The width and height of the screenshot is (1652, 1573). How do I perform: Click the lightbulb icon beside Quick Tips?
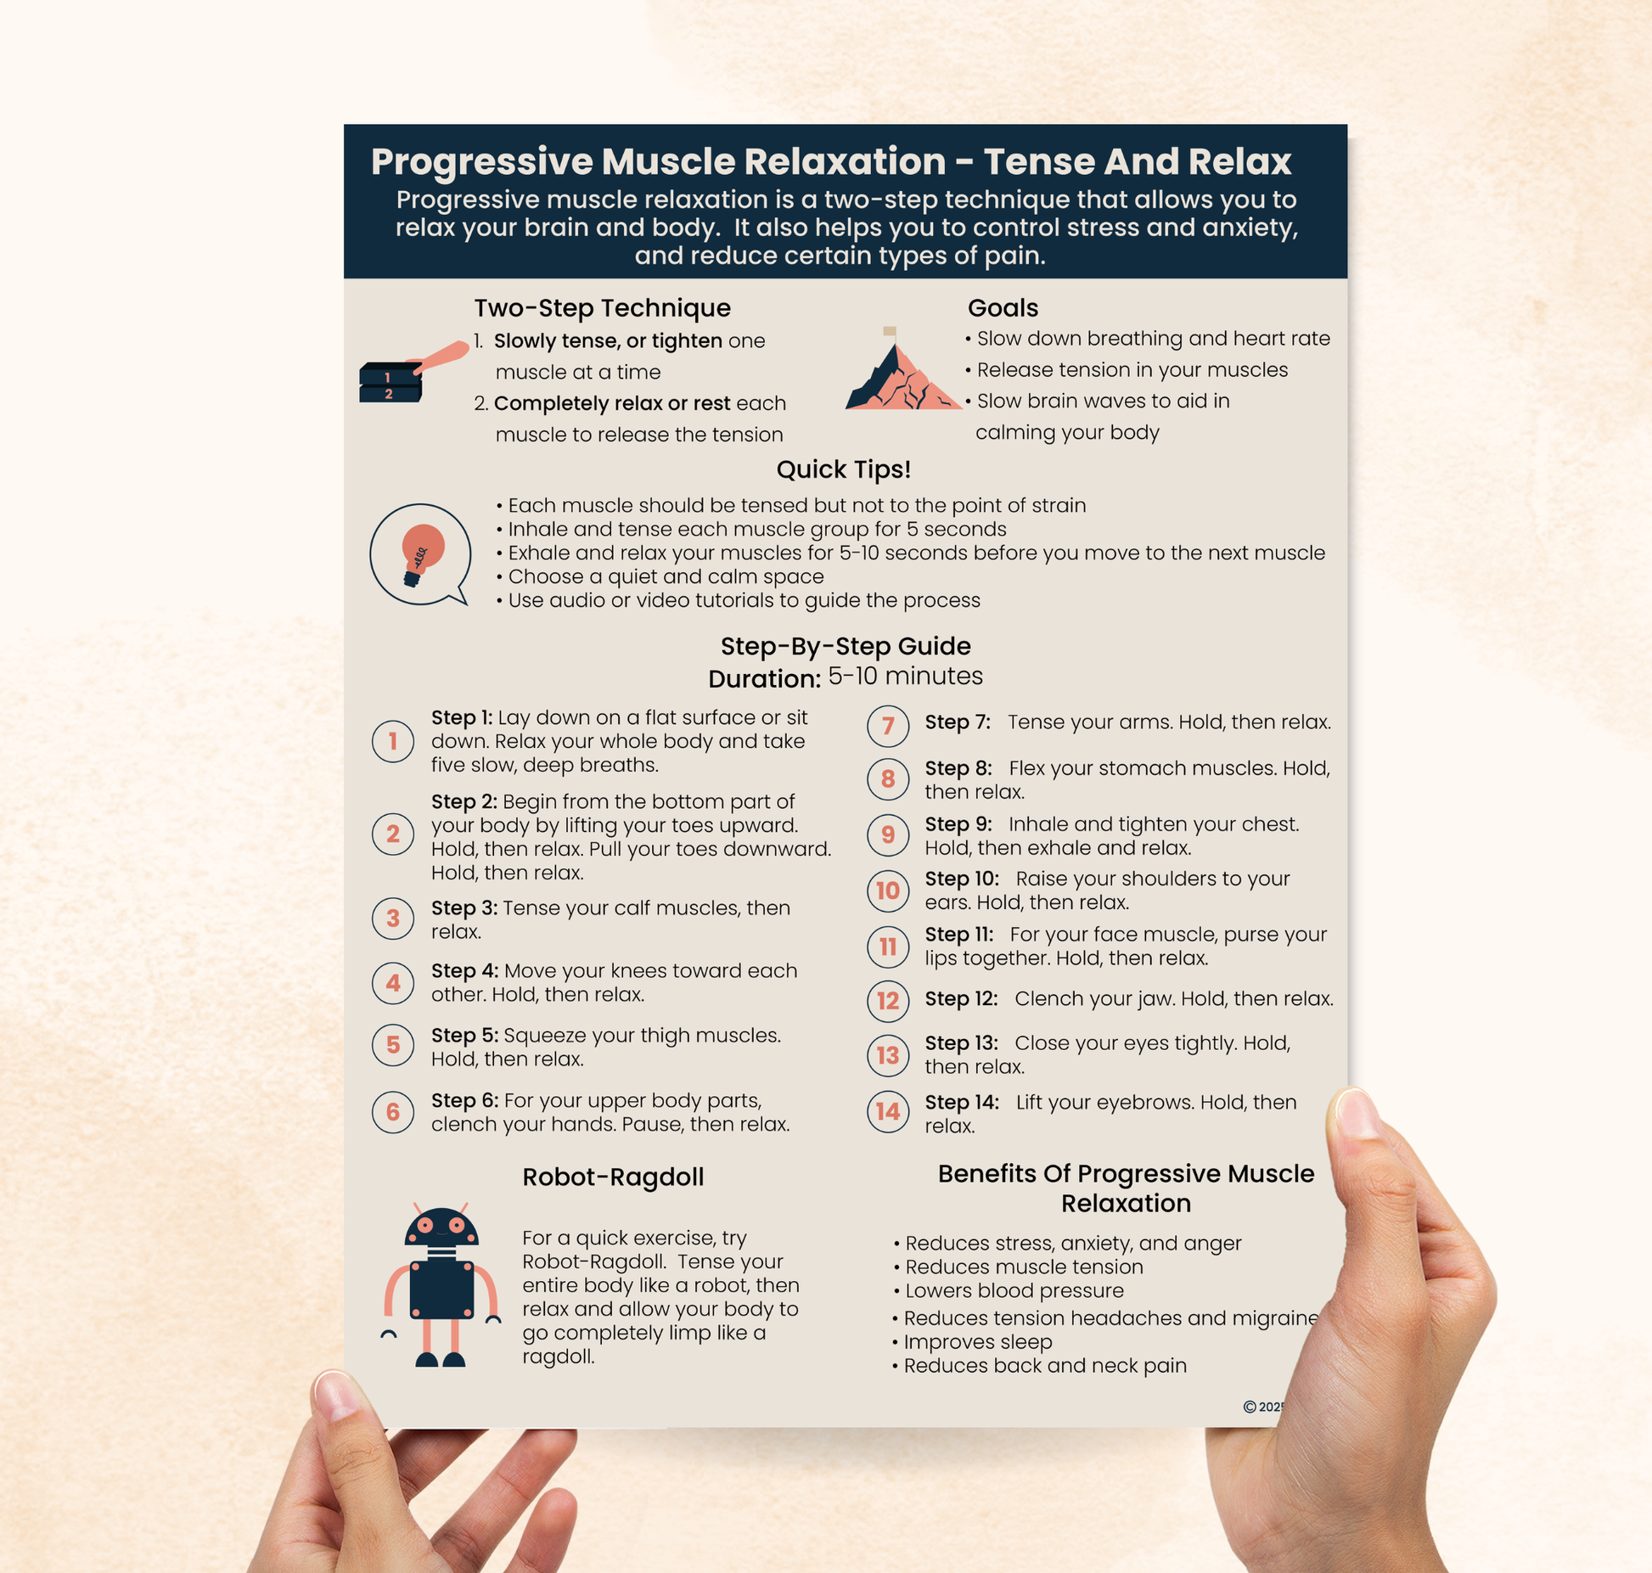420,553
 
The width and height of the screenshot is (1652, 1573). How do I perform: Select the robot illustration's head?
441,1228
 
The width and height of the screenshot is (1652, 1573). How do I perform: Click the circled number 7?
888,726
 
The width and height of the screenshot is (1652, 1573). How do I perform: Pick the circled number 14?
888,1111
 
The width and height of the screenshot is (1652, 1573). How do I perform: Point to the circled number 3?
393,918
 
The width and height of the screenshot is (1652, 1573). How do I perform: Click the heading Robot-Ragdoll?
613,1177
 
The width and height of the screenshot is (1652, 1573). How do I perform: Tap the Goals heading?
1003,307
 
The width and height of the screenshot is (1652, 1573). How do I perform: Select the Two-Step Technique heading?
602,307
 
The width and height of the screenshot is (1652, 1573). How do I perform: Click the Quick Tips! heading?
843,469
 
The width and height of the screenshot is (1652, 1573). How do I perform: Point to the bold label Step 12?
961,998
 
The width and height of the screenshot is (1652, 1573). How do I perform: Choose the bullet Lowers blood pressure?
1014,1290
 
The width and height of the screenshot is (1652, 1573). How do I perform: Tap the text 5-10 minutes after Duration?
905,676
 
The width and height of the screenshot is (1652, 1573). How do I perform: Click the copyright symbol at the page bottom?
1250,1407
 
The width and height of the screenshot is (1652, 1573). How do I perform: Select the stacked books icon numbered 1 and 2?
391,382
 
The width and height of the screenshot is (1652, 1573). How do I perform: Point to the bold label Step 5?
464,1035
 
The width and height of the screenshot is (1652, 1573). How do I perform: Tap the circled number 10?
888,890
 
